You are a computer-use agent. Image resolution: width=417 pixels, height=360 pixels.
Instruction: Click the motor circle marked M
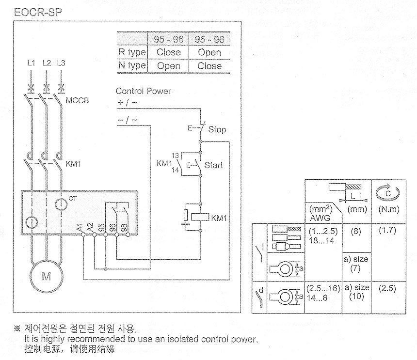pos(47,277)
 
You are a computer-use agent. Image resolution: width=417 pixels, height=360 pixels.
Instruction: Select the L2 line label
pos(47,63)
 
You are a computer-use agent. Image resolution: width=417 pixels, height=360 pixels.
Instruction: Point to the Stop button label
pos(217,129)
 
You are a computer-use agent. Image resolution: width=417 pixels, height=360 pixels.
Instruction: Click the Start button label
pos(213,165)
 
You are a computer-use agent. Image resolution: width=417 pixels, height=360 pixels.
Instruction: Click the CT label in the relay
pos(72,199)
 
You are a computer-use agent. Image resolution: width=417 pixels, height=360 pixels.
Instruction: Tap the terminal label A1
pos(80,226)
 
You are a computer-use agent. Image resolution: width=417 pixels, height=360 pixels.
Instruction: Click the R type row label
pos(131,52)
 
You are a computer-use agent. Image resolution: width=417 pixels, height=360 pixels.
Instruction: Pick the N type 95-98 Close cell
pos(209,66)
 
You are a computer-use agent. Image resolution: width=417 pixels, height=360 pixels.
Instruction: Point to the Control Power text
pos(144,91)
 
